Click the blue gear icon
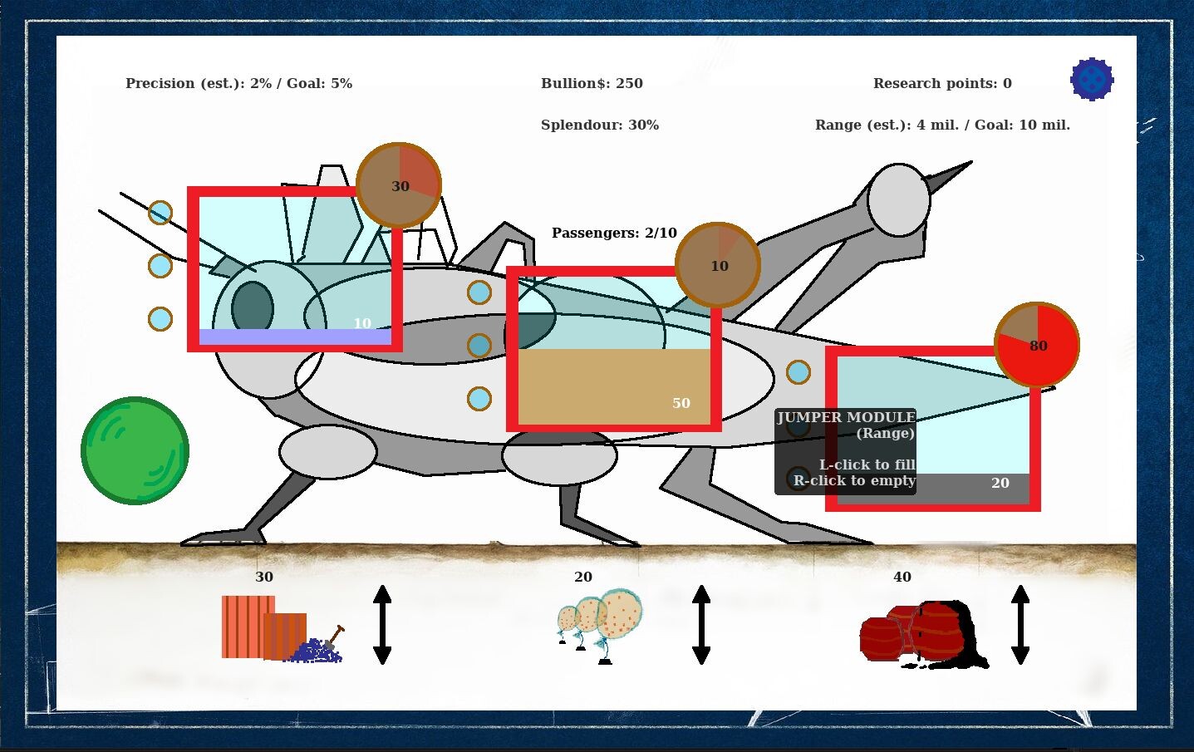(x=1092, y=79)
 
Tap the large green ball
(x=135, y=450)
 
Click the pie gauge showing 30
(x=399, y=185)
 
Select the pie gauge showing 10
(x=718, y=265)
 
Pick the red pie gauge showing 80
(x=1037, y=345)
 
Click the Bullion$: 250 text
(x=592, y=83)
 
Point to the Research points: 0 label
(x=942, y=83)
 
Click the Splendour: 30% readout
(x=599, y=125)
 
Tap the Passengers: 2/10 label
(x=614, y=233)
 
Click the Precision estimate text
(x=238, y=83)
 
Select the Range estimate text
(x=942, y=125)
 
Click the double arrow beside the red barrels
(x=1020, y=625)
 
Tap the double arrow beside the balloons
(x=701, y=625)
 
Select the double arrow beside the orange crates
(x=382, y=625)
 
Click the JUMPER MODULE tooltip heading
(x=846, y=417)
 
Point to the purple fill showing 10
(x=295, y=337)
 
